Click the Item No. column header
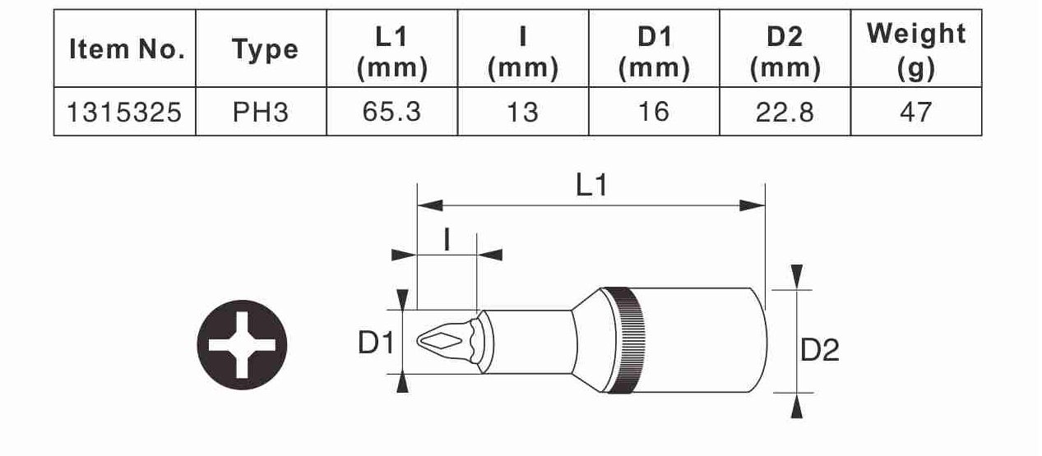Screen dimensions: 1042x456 (x=127, y=48)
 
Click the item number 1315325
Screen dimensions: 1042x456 (x=124, y=112)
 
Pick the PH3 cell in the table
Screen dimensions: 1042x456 (x=261, y=112)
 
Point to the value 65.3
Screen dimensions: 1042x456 (x=391, y=112)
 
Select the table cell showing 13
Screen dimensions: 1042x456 (x=522, y=112)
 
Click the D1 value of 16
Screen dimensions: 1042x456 (x=654, y=112)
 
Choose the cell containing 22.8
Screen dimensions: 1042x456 (x=785, y=112)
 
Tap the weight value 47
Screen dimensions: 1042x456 (x=915, y=112)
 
